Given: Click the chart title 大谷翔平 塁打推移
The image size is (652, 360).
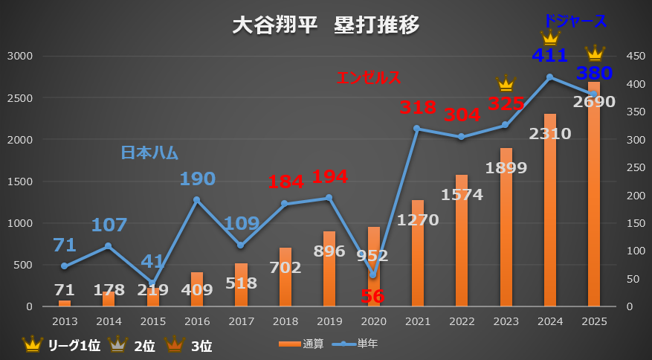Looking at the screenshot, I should (x=326, y=25).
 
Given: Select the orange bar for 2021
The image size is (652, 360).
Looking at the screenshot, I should (x=417, y=253).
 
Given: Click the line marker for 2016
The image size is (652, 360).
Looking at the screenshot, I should (x=197, y=200).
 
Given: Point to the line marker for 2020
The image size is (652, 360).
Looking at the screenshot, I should (x=373, y=275).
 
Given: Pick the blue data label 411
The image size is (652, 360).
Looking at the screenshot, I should (x=550, y=55).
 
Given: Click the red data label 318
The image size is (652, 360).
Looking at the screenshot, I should (x=417, y=107).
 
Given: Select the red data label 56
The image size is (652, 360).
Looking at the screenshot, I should (x=373, y=296).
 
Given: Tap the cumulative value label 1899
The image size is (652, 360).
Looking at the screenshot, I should (x=506, y=167).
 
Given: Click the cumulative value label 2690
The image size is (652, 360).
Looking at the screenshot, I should (x=594, y=101).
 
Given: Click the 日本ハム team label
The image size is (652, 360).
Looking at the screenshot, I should (x=149, y=153).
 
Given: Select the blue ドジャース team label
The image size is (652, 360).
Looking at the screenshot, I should (x=575, y=21).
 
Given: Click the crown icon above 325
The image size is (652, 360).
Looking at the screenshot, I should (x=506, y=83).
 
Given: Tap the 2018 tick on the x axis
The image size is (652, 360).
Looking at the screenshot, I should (x=285, y=321).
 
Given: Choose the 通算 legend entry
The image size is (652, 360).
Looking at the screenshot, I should (x=302, y=344).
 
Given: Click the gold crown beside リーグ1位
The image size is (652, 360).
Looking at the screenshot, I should (x=33, y=344).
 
